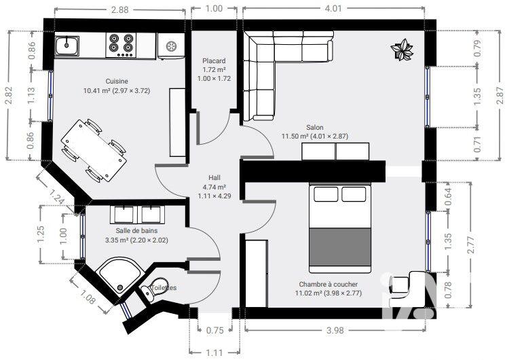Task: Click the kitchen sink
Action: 69,46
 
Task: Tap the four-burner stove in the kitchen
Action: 122,46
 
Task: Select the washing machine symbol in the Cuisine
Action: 170,46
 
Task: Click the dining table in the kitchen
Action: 94,151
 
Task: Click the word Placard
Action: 214,61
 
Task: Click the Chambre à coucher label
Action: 328,284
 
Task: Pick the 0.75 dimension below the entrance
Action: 214,331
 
